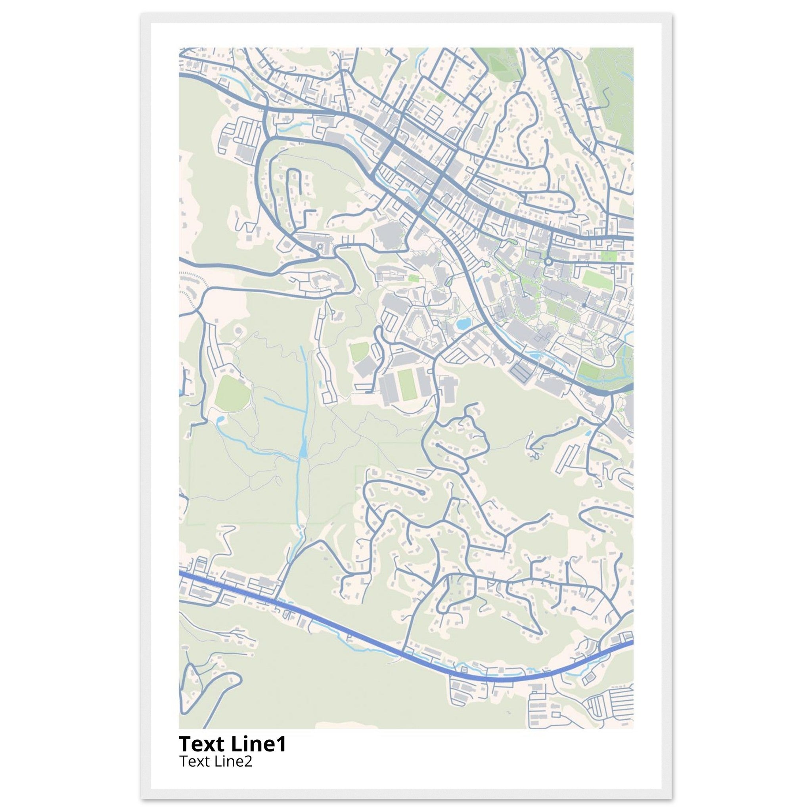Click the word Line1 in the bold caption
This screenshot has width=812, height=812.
(259, 744)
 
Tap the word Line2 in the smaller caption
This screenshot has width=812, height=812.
(234, 761)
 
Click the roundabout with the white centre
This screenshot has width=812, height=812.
(548, 261)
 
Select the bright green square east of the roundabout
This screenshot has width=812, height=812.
(607, 256)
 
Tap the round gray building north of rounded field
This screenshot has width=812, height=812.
(239, 331)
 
